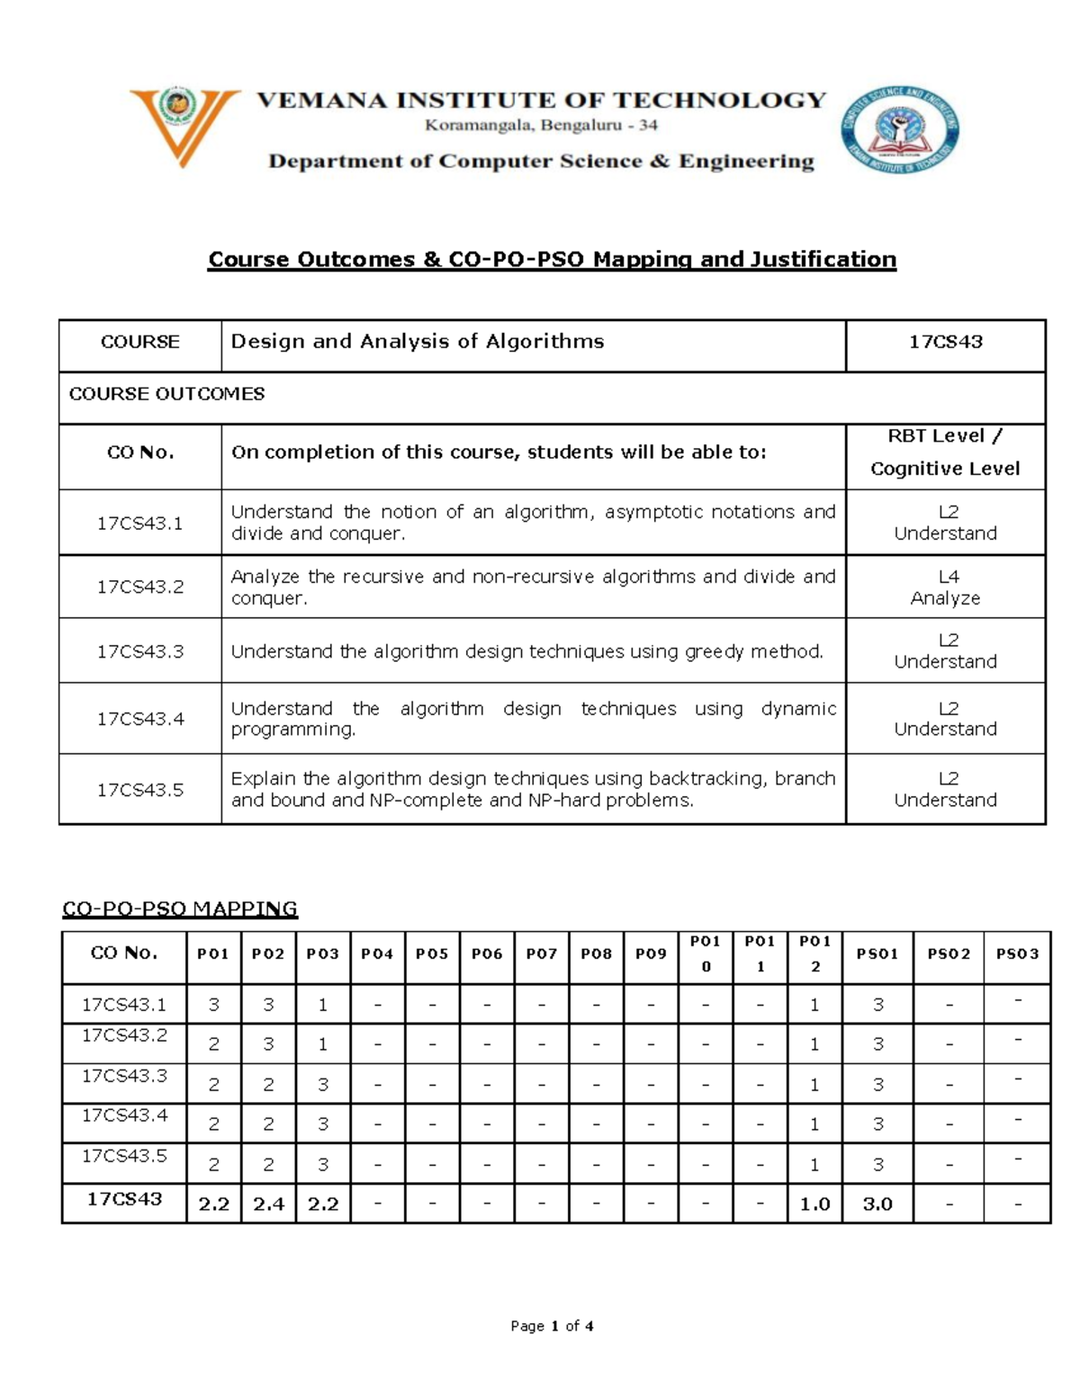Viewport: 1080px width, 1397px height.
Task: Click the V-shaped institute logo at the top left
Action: [184, 126]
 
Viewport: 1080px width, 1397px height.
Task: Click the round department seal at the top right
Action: [899, 130]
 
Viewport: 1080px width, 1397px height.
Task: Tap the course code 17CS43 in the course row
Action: [945, 342]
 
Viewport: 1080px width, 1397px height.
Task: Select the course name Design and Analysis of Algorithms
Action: [418, 342]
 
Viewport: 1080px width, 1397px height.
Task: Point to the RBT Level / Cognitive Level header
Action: [945, 452]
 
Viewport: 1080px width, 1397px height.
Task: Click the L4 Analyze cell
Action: [945, 587]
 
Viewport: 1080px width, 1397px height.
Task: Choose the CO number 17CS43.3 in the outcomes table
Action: [140, 651]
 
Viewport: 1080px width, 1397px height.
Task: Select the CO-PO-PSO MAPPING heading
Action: [179, 909]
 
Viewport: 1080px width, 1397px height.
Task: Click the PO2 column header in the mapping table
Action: [268, 954]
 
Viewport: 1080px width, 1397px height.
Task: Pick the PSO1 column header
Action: [877, 954]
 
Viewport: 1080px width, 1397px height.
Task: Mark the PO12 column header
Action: [814, 954]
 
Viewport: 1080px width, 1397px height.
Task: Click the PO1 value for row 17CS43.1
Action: [213, 1005]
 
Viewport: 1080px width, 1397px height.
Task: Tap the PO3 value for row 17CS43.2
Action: [322, 1045]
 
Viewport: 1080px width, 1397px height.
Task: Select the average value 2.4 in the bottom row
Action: [268, 1204]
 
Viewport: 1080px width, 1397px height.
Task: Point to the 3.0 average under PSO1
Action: [877, 1204]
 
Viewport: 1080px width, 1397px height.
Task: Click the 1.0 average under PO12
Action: [814, 1204]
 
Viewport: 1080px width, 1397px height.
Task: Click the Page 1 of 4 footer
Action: [552, 1326]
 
